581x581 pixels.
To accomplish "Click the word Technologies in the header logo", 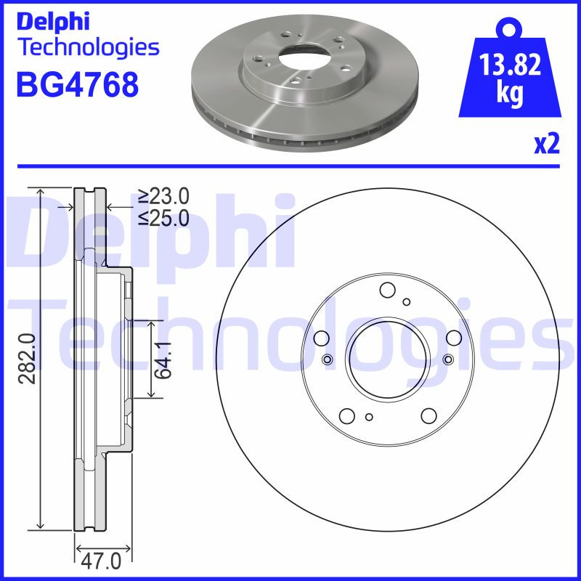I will pyautogui.click(x=87, y=47).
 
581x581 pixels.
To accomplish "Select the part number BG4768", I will pyautogui.click(x=76, y=85).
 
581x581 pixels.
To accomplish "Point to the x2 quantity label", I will pyautogui.click(x=546, y=145).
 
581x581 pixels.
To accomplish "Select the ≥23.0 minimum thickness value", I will pyautogui.click(x=164, y=196).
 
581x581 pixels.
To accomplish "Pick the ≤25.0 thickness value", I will pyautogui.click(x=164, y=216).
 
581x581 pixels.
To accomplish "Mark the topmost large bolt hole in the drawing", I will pyautogui.click(x=387, y=290).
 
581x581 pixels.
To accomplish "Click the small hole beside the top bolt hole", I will pyautogui.click(x=407, y=301).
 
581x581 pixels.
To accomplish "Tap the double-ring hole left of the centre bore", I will pyautogui.click(x=326, y=360).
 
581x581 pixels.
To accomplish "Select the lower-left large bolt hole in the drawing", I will pyautogui.click(x=346, y=415).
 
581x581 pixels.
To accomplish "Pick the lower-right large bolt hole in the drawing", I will pyautogui.click(x=428, y=415).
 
